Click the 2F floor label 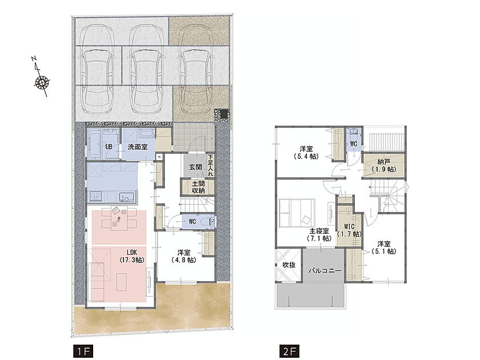pos(289,351)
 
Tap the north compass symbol pos(41,77)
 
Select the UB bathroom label pos(109,147)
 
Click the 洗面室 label pos(138,147)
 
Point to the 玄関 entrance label pos(195,167)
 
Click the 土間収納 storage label pos(198,187)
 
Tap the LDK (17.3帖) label pos(132,256)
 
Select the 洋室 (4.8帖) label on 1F pos(183,256)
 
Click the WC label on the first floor pos(192,221)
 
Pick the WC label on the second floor pos(353,143)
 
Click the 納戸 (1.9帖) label pos(383,166)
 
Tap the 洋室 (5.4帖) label pos(306,153)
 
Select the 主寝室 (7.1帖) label pos(319,235)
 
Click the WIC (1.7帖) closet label pos(349,230)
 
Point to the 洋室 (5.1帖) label pos(384,247)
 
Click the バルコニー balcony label pos(325,271)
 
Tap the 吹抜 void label pos(289,265)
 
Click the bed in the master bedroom pos(297,213)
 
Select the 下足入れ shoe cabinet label pos(210,165)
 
